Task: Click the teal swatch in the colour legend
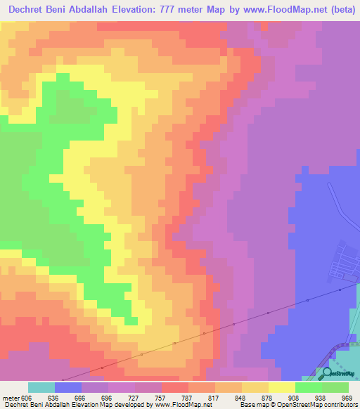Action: (x=41, y=387)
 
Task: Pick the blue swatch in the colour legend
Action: (x=68, y=387)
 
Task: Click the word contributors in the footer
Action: (x=335, y=405)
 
